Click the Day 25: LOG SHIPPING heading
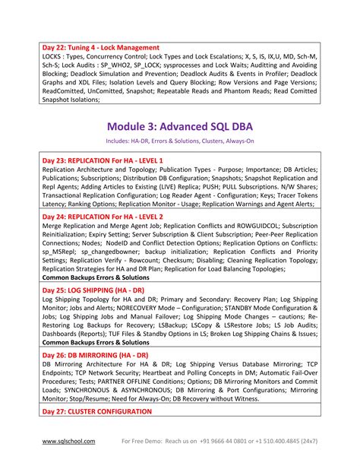[x=95, y=291]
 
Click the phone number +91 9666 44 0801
[x=232, y=442]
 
